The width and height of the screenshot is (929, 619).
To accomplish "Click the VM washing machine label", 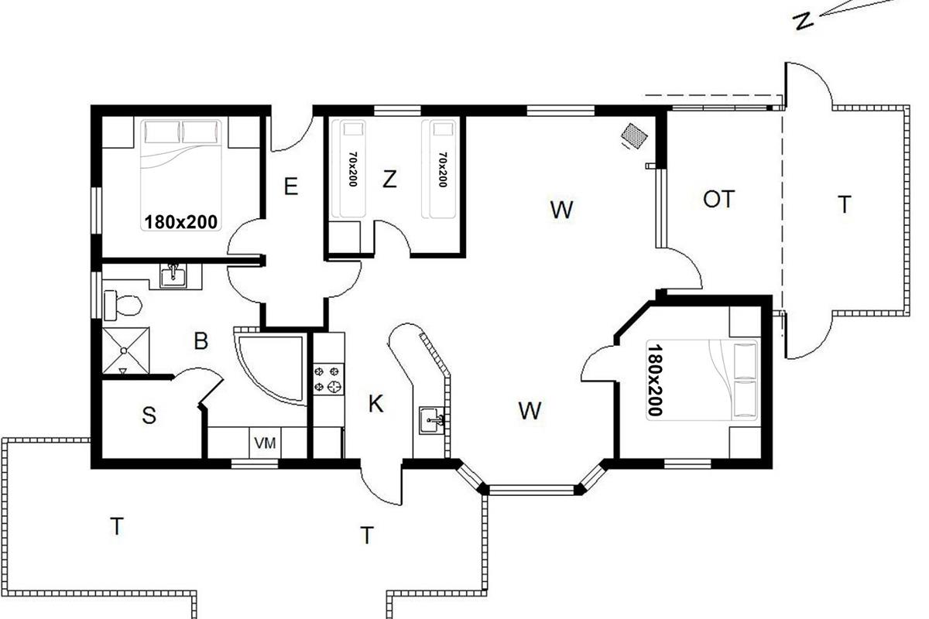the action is click(x=265, y=443).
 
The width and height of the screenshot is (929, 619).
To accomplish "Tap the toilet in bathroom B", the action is click(x=123, y=306).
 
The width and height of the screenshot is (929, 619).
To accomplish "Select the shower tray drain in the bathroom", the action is click(x=124, y=351).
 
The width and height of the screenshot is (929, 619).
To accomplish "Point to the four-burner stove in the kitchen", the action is click(x=328, y=379).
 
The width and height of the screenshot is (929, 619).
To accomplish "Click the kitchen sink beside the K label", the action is click(x=432, y=420).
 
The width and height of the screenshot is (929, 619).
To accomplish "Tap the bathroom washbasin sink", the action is click(x=173, y=275).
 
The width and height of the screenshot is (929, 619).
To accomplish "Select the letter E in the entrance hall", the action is click(x=291, y=186).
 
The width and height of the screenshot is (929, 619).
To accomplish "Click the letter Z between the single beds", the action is click(x=389, y=179).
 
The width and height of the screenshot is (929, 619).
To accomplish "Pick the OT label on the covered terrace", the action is click(x=719, y=199).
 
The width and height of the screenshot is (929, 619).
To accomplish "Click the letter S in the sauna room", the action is click(x=149, y=415).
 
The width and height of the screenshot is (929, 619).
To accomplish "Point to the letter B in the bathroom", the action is click(x=201, y=341).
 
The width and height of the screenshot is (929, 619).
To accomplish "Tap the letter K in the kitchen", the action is click(x=375, y=403).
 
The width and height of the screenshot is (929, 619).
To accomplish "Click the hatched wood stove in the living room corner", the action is click(x=634, y=135).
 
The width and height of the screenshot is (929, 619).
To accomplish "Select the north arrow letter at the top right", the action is click(x=804, y=21).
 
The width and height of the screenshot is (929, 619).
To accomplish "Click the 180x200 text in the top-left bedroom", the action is click(x=180, y=222).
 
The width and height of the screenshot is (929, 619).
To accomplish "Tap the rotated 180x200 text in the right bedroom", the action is click(x=655, y=379).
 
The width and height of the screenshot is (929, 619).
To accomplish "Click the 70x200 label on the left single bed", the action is click(x=353, y=169).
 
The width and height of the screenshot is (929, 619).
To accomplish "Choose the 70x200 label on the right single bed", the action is click(x=443, y=169).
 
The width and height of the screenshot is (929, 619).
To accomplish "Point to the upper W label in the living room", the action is click(x=562, y=210).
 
